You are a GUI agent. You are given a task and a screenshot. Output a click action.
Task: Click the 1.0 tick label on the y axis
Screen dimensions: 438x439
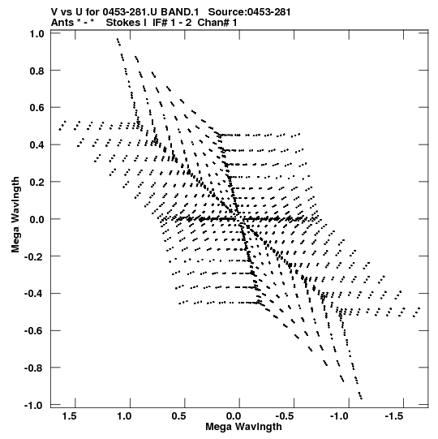(37, 34)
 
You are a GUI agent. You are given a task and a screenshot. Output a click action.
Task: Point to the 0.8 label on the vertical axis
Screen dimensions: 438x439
(37, 71)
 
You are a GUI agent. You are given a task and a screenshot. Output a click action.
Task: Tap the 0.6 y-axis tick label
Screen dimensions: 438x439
(37, 108)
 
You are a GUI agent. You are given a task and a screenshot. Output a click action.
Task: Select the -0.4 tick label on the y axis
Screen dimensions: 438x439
(34, 294)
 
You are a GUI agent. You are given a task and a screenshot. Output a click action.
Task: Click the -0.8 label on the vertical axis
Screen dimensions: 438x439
(34, 368)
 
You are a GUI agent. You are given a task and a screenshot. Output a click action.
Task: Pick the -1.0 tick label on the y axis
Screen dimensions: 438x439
(34, 406)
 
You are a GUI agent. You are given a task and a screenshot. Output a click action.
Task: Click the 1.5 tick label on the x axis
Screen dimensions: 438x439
(69, 416)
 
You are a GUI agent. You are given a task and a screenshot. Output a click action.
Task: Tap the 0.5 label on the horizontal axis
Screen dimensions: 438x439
(178, 416)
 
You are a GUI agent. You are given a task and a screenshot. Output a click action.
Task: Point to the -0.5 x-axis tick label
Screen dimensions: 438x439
(286, 416)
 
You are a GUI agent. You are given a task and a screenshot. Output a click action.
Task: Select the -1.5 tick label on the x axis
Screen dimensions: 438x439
(395, 416)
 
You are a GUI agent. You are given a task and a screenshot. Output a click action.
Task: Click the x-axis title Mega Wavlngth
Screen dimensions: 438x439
(243, 427)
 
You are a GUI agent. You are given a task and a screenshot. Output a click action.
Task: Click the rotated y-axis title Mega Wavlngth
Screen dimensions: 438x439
(15, 215)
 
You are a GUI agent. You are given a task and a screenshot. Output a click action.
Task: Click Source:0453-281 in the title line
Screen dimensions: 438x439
(250, 12)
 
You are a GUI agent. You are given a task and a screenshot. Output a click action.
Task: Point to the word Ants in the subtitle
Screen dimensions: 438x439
(62, 23)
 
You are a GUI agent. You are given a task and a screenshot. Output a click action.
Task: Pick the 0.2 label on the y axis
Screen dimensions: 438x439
(37, 183)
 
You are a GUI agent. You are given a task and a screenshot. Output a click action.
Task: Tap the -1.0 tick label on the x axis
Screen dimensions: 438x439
(340, 416)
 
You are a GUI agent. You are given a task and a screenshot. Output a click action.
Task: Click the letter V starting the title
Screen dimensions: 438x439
(55, 12)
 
